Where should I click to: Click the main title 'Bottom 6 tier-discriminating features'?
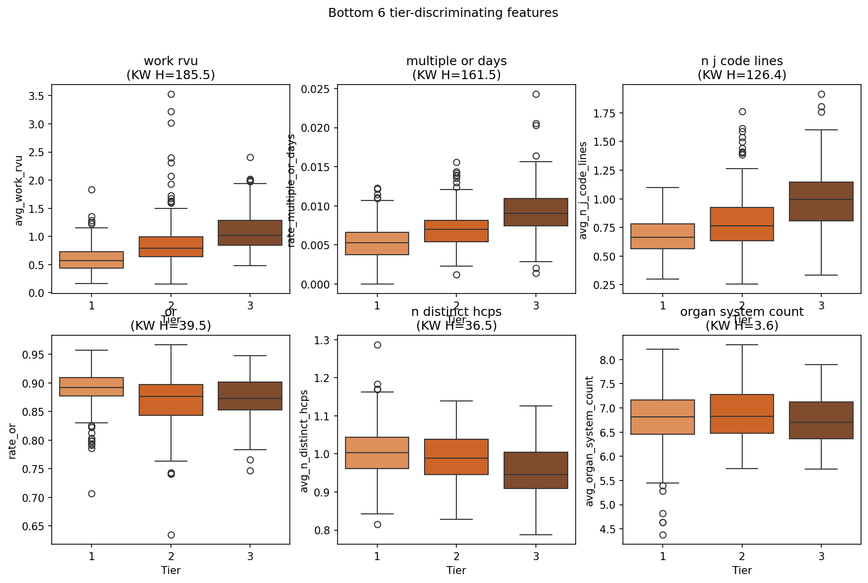click(x=443, y=13)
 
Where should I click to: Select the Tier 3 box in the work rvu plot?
click(x=250, y=232)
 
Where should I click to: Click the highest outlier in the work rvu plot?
click(x=171, y=94)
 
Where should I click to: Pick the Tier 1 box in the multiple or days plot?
click(x=377, y=243)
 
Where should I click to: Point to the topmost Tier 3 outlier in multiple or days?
click(x=536, y=94)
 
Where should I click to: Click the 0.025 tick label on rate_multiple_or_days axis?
click(x=316, y=89)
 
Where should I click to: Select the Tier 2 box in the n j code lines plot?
click(x=742, y=224)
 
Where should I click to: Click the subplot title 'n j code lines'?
click(x=742, y=61)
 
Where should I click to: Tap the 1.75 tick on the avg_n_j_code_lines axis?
click(x=604, y=113)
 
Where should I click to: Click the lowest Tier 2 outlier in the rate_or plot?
click(x=171, y=535)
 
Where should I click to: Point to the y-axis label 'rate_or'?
click(x=13, y=441)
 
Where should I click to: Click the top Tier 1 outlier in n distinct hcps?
click(x=377, y=345)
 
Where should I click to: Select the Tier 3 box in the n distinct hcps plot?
click(x=536, y=470)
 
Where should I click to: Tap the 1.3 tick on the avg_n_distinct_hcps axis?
click(x=323, y=340)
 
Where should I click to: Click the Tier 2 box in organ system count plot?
click(x=742, y=414)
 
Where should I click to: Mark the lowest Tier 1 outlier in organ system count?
click(x=663, y=535)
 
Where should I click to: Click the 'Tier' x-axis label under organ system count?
click(x=742, y=570)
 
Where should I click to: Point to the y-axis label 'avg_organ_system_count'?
click(x=590, y=441)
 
